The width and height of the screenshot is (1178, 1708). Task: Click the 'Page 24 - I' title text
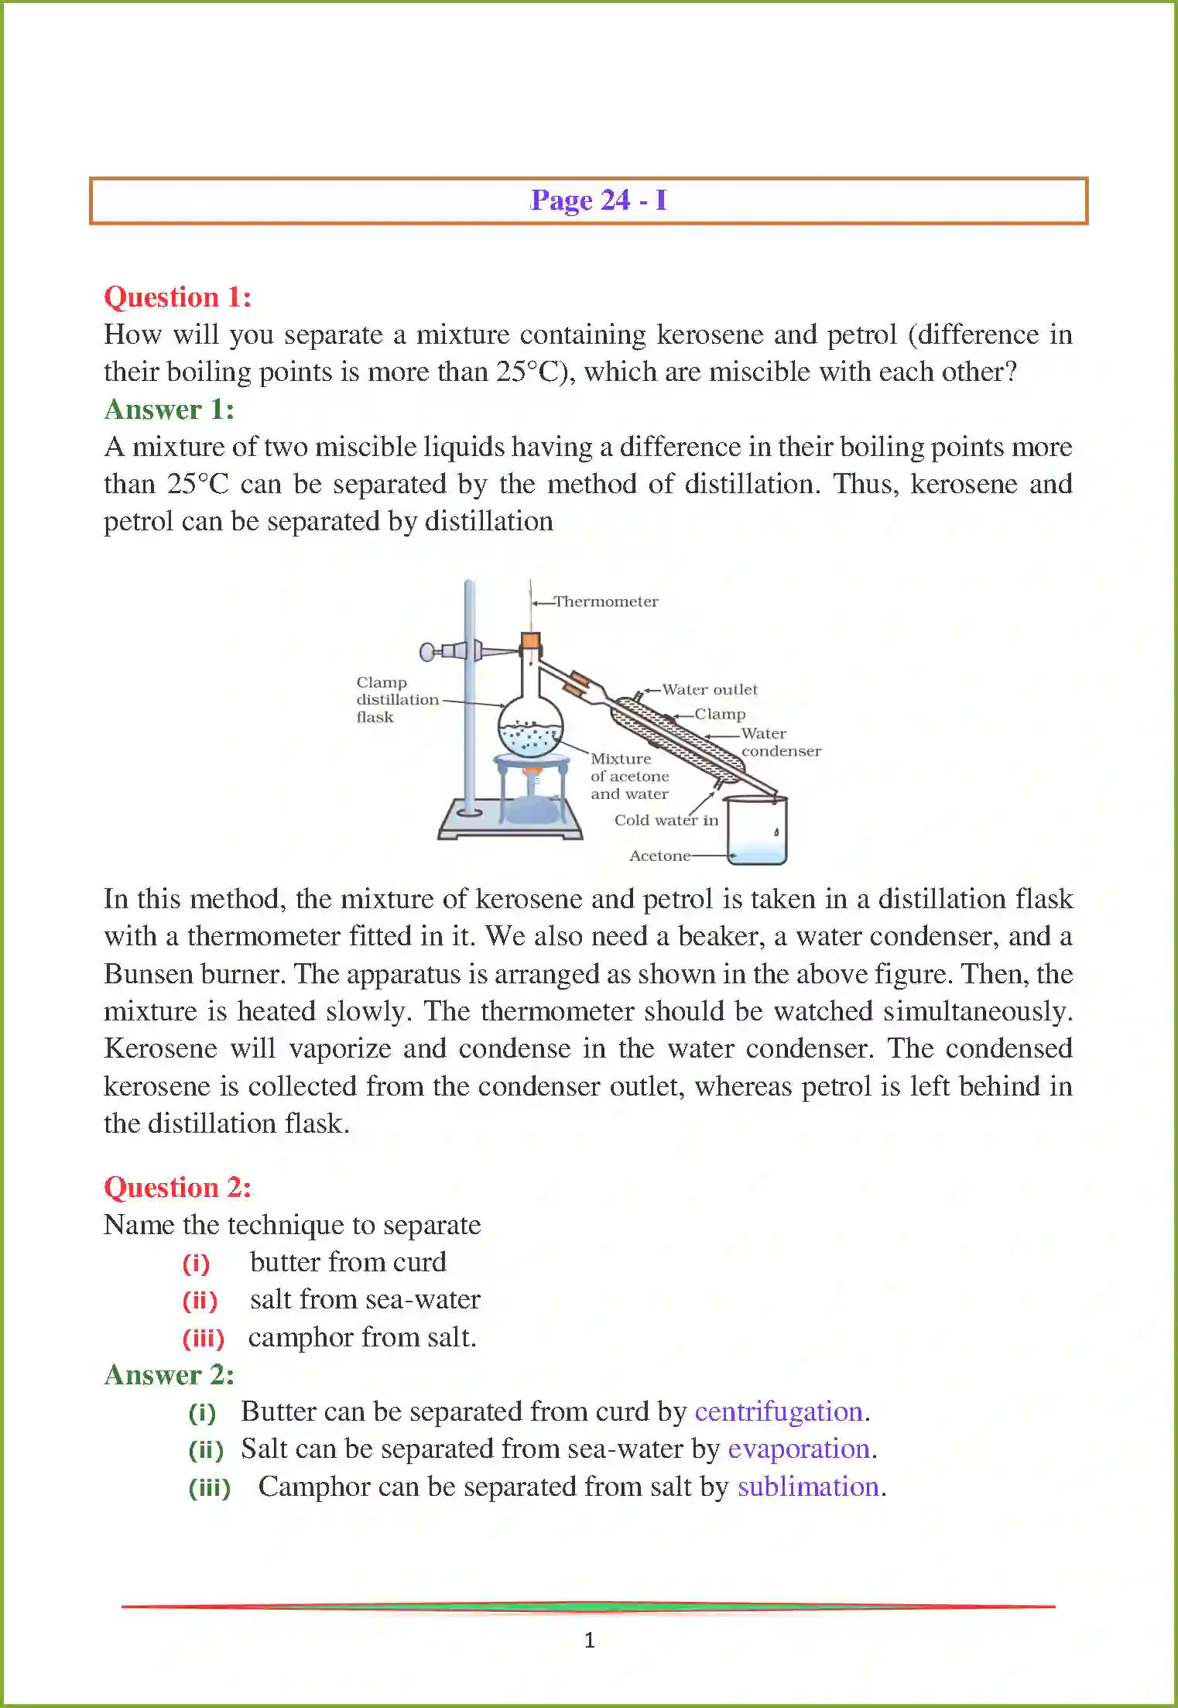598,201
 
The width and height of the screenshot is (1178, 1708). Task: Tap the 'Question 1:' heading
177,297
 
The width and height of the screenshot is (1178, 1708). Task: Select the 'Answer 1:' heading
169,410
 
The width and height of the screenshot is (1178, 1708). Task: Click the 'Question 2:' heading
177,1187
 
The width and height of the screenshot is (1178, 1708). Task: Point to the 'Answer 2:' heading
169,1374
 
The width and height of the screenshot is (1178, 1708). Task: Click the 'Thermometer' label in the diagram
606,602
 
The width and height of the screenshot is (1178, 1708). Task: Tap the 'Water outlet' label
709,690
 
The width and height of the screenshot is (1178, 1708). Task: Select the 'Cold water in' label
666,820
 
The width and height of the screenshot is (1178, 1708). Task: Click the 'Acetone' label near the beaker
659,856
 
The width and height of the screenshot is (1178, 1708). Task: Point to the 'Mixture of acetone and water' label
629,777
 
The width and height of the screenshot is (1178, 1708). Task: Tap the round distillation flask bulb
530,728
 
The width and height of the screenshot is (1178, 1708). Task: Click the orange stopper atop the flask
530,640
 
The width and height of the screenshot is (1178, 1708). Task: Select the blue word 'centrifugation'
778,1411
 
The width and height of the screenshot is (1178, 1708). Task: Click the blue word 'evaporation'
798,1449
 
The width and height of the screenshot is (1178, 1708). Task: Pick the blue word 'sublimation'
807,1487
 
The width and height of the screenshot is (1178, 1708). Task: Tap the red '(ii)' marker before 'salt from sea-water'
200,1301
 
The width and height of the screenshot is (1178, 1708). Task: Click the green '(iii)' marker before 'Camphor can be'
210,1488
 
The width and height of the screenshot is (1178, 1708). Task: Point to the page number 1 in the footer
590,1640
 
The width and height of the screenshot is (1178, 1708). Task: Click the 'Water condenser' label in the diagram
779,742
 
